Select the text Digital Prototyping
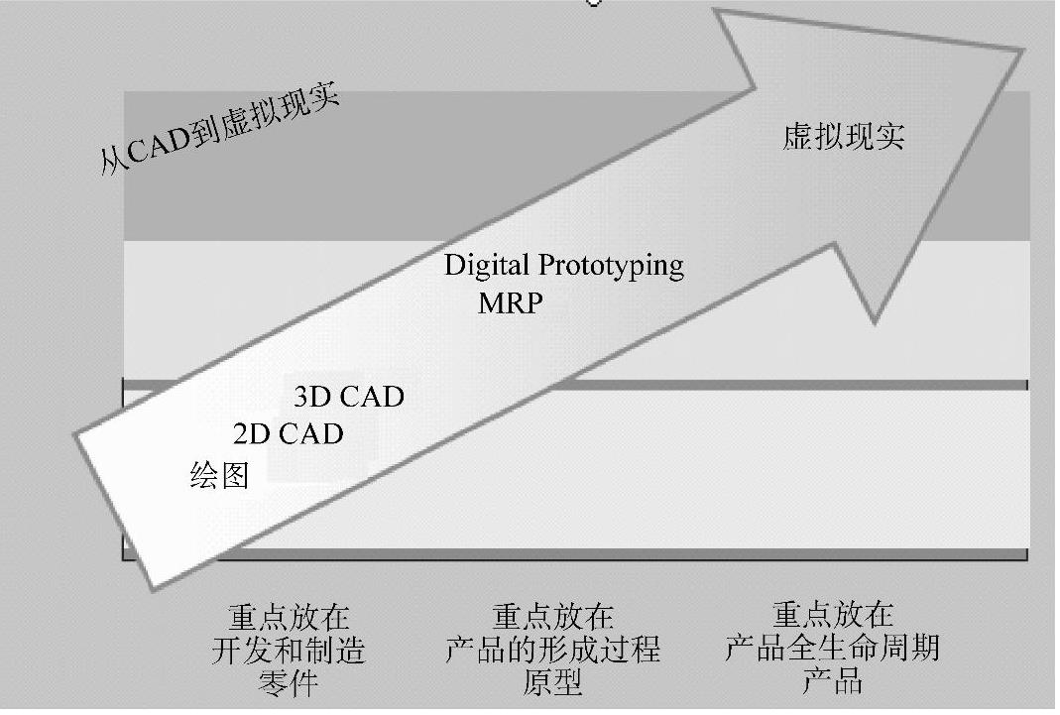point(563,266)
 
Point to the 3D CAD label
point(349,397)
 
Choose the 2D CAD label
point(289,434)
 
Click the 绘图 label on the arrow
point(219,476)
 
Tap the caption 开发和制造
point(289,651)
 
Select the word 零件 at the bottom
point(289,683)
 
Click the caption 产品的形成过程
point(552,651)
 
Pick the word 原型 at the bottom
point(552,683)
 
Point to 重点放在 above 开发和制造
point(289,618)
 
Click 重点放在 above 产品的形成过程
point(552,618)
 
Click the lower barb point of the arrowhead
point(874,322)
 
